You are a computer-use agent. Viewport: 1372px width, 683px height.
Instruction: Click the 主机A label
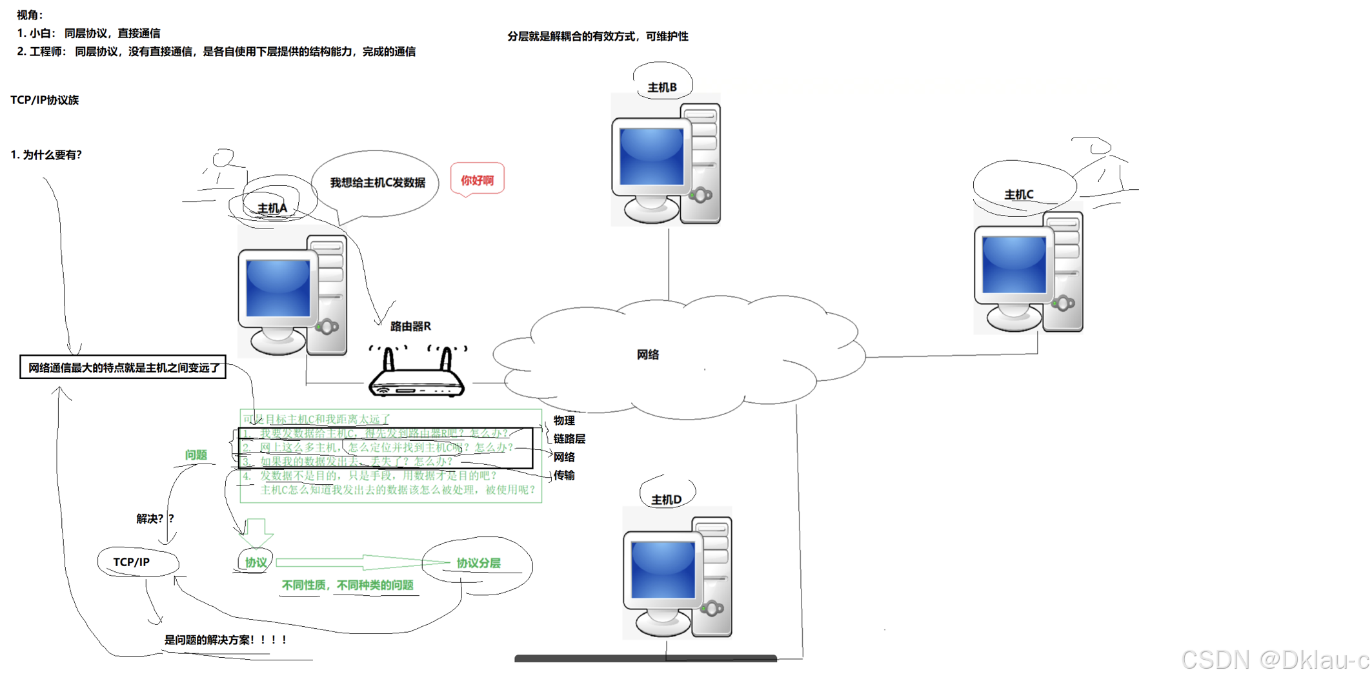coord(272,208)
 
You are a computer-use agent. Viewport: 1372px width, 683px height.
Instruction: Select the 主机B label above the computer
coord(662,87)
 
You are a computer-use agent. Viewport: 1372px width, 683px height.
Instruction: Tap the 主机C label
coord(1019,194)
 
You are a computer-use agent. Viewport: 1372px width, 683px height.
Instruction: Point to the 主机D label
coord(667,500)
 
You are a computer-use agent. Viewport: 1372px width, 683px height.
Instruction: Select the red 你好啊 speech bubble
coord(477,180)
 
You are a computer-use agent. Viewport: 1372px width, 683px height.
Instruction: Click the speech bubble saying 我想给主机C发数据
coord(378,183)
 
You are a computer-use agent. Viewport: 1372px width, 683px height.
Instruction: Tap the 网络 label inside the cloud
coord(648,354)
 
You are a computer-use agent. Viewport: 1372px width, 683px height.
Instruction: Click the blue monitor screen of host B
coord(651,156)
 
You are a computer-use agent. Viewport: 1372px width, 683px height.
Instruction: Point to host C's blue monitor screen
coord(1014,264)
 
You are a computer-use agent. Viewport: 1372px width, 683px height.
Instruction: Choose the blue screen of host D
coord(663,569)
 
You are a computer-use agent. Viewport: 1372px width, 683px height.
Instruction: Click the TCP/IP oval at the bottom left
coord(132,562)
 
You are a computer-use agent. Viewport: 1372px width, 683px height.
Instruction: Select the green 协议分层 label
coord(478,563)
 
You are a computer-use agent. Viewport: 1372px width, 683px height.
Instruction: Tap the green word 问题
coord(196,455)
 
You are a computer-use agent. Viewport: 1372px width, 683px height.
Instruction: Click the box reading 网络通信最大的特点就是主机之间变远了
coord(123,367)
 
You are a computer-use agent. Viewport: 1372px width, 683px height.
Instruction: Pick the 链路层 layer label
coord(569,439)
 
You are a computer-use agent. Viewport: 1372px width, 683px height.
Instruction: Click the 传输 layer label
coord(564,475)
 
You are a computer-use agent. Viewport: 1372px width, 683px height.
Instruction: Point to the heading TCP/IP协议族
coord(45,100)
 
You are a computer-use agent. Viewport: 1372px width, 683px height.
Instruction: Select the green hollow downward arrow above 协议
coord(257,532)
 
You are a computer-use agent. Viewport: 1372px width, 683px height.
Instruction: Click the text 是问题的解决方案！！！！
coord(225,640)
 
